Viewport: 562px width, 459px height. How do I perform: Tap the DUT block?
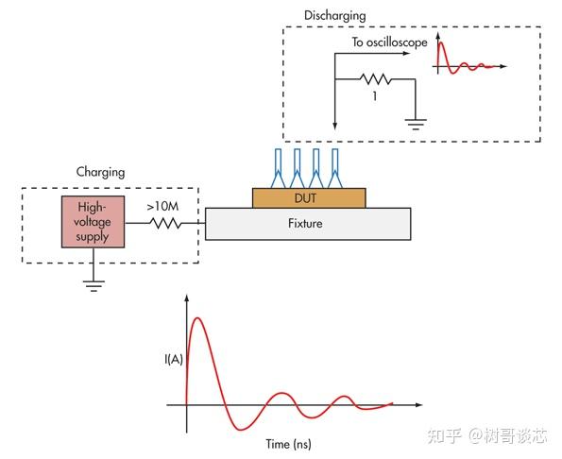[x=308, y=197]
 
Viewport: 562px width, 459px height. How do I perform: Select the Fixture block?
[x=308, y=224]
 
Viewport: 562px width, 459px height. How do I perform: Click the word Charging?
[x=100, y=173]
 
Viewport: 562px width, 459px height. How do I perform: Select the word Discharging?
[x=334, y=16]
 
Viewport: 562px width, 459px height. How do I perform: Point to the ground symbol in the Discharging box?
[x=416, y=121]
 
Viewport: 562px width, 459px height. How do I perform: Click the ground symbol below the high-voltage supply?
[x=92, y=284]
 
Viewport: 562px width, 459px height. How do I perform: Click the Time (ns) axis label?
[x=289, y=443]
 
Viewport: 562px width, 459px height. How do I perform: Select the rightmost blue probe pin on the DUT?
[x=333, y=166]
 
